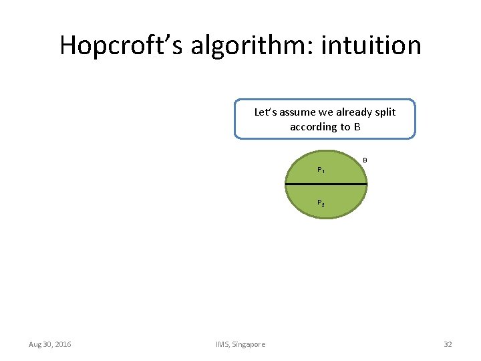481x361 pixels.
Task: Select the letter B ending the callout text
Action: [357, 126]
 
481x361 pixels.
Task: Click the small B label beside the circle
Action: [365, 160]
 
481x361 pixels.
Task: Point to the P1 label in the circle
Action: [321, 170]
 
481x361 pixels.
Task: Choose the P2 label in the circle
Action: [321, 203]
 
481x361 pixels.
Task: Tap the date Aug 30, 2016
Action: [50, 344]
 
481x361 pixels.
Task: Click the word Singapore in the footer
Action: [249, 344]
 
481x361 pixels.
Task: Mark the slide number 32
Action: [448, 344]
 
